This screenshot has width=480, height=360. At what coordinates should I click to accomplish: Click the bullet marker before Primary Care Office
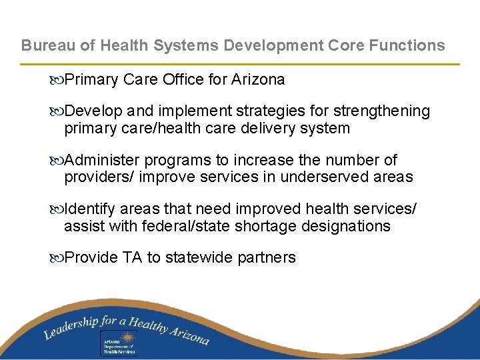coord(57,80)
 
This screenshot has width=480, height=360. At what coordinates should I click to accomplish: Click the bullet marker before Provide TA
coord(57,258)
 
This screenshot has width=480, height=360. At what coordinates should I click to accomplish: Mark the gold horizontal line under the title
coord(240,64)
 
